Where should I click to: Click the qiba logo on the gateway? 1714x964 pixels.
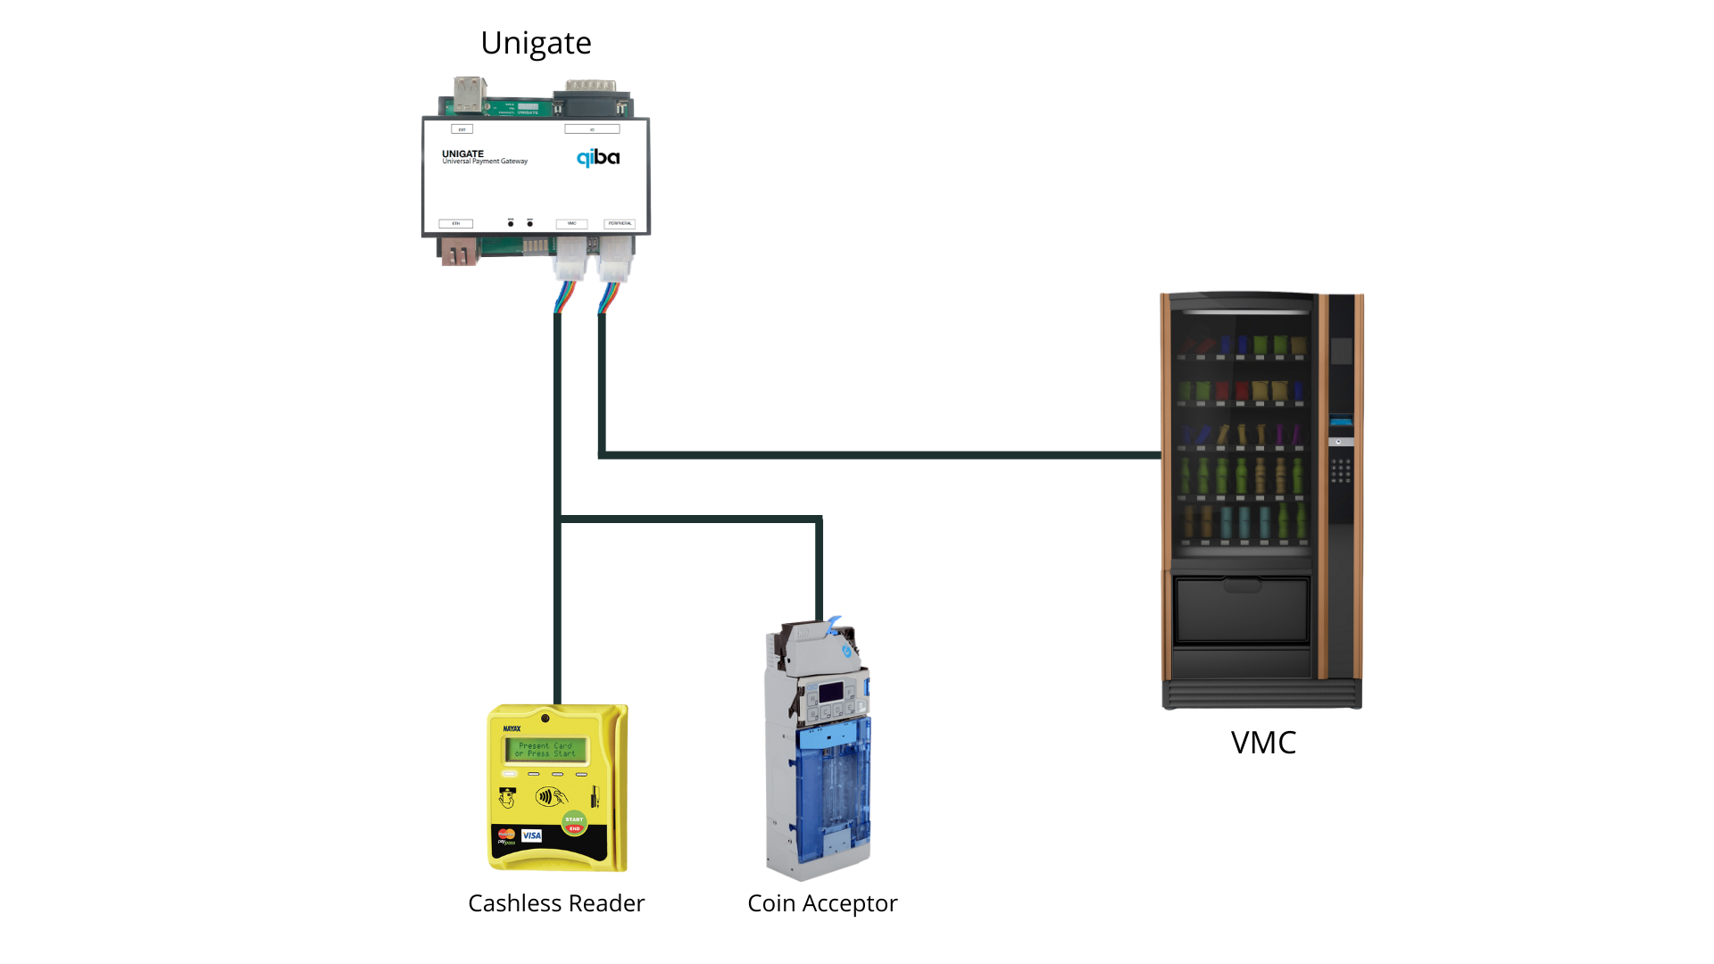[x=597, y=158]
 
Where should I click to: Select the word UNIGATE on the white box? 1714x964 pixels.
[x=462, y=154]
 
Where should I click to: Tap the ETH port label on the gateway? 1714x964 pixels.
[x=455, y=223]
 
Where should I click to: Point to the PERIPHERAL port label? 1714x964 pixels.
[x=620, y=223]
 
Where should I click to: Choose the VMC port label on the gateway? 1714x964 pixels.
[x=571, y=223]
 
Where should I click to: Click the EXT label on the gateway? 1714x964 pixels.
[x=462, y=129]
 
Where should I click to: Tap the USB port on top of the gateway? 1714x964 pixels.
[x=470, y=94]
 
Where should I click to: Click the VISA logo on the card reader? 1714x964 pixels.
[x=532, y=835]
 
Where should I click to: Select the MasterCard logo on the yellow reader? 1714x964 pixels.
[x=506, y=835]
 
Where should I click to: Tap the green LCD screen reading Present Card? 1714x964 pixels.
[x=545, y=750]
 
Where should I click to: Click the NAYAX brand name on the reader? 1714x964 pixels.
[x=512, y=728]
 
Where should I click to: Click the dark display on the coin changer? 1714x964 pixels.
[x=831, y=692]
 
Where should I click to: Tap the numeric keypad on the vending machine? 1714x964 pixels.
[x=1340, y=470]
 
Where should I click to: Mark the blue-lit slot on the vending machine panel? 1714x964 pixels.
[x=1341, y=420]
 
